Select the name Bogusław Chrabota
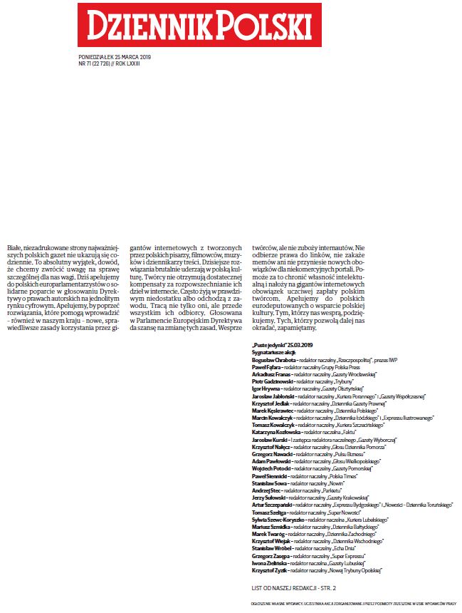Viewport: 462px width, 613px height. tap(275, 361)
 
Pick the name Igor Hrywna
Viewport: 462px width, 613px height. tap(267, 388)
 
